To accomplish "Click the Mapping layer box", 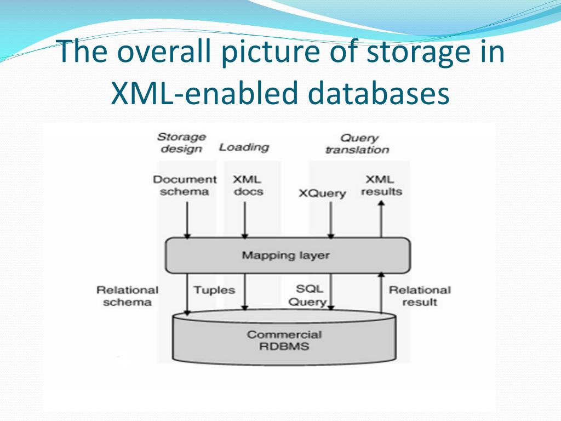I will coord(287,255).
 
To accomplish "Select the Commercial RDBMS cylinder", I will coord(284,340).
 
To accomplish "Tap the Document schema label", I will coord(185,185).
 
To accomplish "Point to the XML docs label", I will coord(247,185).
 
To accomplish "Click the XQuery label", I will coord(322,193).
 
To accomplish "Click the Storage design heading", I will coord(181,143).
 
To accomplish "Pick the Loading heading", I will coord(244,147).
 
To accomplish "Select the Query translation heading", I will coord(357,144).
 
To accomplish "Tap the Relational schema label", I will coord(127,296).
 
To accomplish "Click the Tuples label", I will coord(214,290).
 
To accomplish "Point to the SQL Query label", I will coord(307,295).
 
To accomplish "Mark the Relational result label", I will coord(420,296).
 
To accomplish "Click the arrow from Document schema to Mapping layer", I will coord(187,219).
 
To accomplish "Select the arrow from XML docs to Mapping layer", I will coord(244,219).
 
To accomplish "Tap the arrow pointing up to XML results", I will coord(381,219).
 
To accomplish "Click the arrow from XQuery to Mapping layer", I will coord(331,219).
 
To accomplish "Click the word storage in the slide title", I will coord(415,53).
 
